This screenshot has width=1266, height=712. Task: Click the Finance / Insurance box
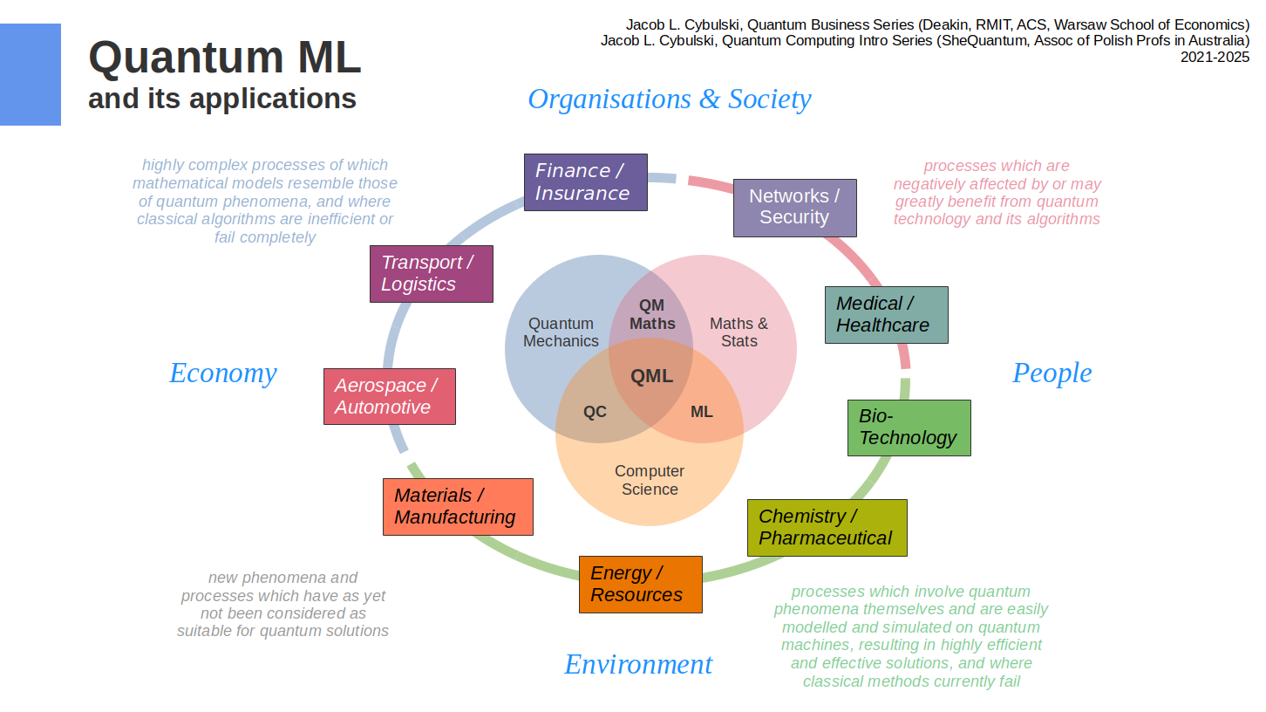(x=585, y=182)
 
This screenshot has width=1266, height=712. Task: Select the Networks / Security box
(x=794, y=208)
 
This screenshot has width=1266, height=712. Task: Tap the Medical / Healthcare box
(x=886, y=315)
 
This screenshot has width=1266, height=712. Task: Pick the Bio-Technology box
(x=909, y=428)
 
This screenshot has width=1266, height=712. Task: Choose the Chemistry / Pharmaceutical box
(x=827, y=528)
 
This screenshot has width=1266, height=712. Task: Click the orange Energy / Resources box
(x=640, y=585)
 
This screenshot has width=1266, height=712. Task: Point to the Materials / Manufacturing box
(x=457, y=507)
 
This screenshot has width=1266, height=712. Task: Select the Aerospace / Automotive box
(x=389, y=397)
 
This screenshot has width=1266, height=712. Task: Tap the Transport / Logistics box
(x=431, y=274)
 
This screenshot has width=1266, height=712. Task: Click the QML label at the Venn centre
(x=651, y=377)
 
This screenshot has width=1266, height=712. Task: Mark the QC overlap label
(x=595, y=412)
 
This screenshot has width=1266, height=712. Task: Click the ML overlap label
(x=702, y=412)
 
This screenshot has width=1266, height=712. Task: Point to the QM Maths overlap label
(x=652, y=314)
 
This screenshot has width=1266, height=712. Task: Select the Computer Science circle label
(x=650, y=481)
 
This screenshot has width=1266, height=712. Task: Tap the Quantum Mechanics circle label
(x=561, y=332)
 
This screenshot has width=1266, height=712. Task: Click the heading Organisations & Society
(x=669, y=99)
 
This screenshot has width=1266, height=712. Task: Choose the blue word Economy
(x=223, y=373)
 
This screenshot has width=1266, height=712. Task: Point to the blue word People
(x=1052, y=373)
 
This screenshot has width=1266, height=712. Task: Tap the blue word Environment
(x=638, y=665)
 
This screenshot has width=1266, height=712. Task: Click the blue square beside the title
(x=31, y=75)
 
